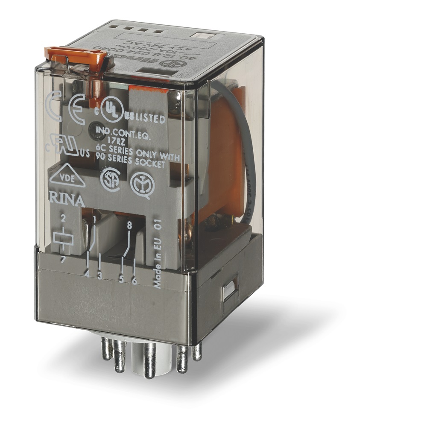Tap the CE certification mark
[x=79, y=105]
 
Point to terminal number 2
[x=63, y=219]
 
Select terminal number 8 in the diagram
[x=129, y=222]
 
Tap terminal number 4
[x=87, y=275]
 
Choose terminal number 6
[x=134, y=281]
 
